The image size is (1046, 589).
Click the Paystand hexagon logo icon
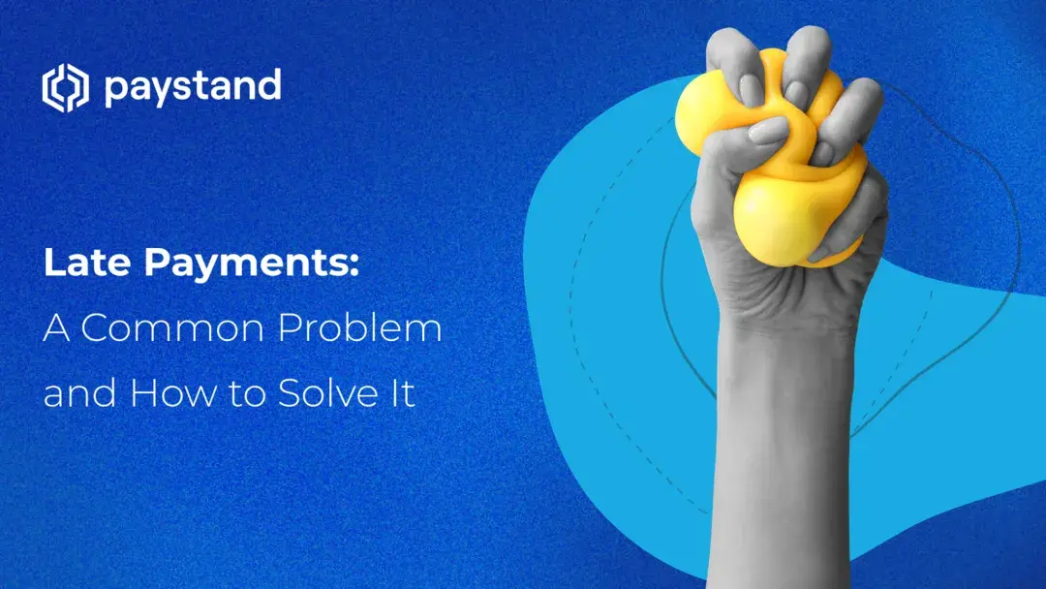click(65, 88)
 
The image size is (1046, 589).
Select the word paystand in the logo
click(192, 88)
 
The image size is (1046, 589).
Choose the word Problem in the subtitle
click(372, 328)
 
